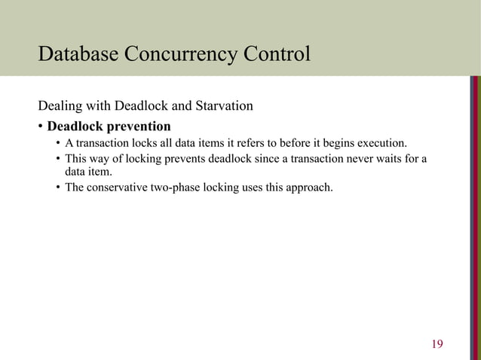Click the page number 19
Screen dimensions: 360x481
[437, 345]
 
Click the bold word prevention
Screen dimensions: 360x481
[138, 124]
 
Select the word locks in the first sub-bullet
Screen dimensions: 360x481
[139, 143]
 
